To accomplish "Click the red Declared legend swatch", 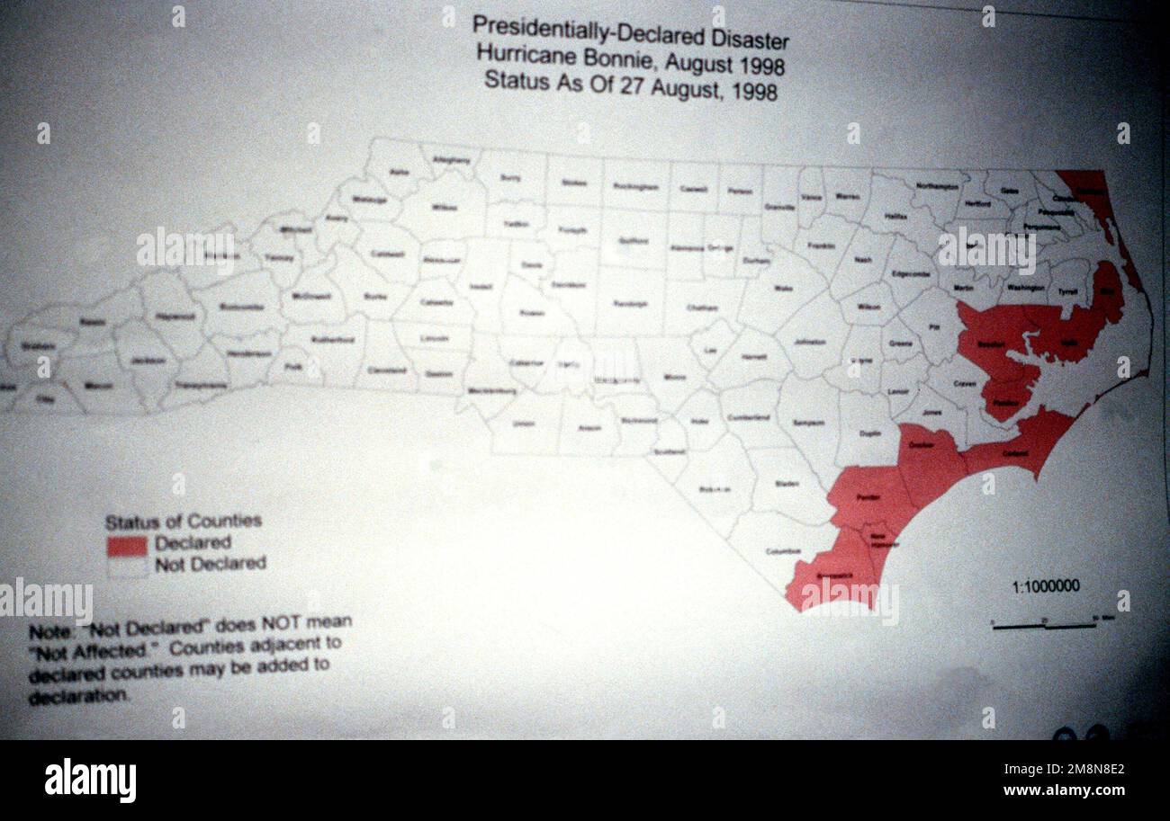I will [x=127, y=546].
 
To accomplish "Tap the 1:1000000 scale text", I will [x=1045, y=587].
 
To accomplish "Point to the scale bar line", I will [x=1044, y=626].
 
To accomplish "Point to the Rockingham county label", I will [x=635, y=187].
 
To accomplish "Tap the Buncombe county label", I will [x=241, y=307].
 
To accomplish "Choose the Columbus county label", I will [x=783, y=551].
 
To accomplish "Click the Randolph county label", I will [x=632, y=304].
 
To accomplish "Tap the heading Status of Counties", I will [x=183, y=522].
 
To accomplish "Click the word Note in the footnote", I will [x=48, y=632].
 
